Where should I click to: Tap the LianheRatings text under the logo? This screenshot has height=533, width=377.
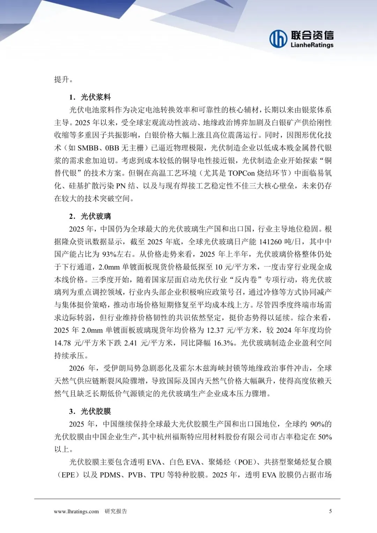312,45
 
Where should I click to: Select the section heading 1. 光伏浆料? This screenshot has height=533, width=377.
90,97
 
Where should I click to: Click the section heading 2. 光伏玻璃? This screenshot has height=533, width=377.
90,216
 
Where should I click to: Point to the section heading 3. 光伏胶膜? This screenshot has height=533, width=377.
90,411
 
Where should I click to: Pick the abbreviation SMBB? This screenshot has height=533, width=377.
88,148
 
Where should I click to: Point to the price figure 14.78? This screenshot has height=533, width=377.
62,343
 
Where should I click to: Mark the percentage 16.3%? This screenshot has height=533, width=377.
223,343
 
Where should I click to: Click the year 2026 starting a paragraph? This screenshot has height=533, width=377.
77,368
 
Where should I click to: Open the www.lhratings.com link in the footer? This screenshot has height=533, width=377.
76,511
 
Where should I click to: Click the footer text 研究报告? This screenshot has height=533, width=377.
116,511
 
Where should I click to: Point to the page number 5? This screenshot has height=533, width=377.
331,511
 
